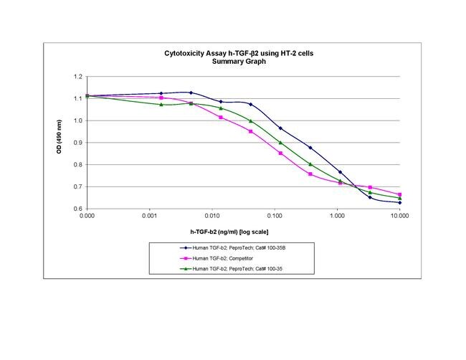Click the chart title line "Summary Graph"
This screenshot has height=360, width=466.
pos(232,62)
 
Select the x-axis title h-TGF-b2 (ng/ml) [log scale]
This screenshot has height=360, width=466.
pos(233,232)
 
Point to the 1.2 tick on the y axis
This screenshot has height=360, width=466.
pos(77,77)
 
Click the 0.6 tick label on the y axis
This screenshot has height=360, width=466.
pos(77,209)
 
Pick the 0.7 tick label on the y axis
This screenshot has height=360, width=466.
pos(77,186)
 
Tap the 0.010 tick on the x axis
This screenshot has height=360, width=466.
pos(211,215)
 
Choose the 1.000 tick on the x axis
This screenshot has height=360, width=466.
pos(337,215)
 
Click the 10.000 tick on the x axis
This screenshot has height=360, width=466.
pos(399,215)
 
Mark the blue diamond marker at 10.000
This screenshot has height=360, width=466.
pos(399,203)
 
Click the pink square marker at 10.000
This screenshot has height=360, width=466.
pos(399,194)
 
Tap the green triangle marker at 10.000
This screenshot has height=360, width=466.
pos(399,198)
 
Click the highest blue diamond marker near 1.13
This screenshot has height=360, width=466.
pos(191,93)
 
